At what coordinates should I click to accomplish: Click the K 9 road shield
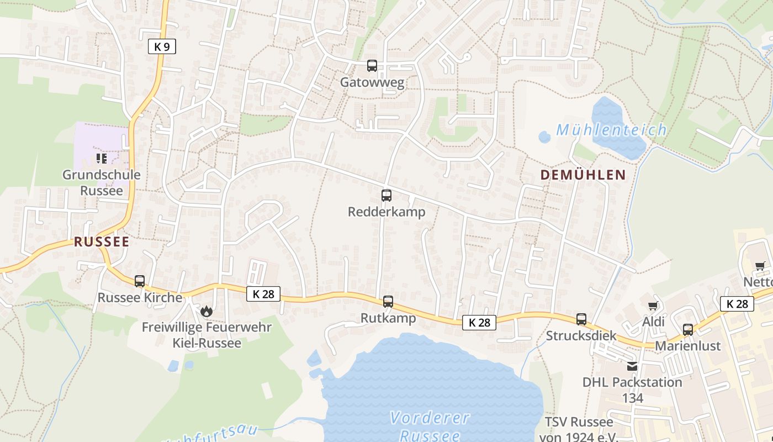[162, 47]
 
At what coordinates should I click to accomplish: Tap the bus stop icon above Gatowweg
[372, 66]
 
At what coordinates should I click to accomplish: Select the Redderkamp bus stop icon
[386, 195]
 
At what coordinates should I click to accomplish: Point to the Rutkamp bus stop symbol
[388, 301]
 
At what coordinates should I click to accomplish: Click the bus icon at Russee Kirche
[140, 281]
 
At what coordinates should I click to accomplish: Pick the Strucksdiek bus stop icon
[581, 319]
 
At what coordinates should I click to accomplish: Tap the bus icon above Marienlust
[688, 330]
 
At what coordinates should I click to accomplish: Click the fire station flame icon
[207, 312]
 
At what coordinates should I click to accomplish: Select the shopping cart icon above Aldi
[653, 306]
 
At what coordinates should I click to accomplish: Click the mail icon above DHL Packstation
[632, 366]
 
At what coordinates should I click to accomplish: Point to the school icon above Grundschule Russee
[101, 159]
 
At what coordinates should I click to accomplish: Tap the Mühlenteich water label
[611, 130]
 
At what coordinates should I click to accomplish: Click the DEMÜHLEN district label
[583, 175]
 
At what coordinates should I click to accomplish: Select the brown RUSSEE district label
[102, 241]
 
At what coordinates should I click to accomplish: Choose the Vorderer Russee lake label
[430, 426]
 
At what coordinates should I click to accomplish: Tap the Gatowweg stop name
[372, 83]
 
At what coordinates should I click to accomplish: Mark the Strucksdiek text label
[581, 335]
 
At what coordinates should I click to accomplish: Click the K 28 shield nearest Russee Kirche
[263, 294]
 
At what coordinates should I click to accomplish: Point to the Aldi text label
[653, 322]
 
